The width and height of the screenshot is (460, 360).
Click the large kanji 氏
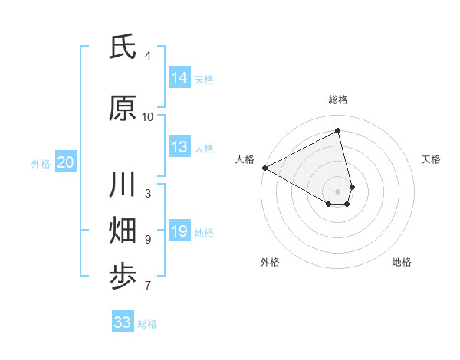pyautogui.click(x=123, y=47)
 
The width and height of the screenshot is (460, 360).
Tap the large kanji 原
pyautogui.click(x=123, y=109)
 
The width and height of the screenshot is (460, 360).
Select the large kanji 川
pyautogui.click(x=123, y=185)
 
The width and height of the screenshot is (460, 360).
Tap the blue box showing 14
pyautogui.click(x=179, y=78)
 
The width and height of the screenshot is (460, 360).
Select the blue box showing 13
pyautogui.click(x=179, y=147)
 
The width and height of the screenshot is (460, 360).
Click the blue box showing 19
pyautogui.click(x=179, y=231)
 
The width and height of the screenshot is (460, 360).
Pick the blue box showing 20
pyautogui.click(x=66, y=162)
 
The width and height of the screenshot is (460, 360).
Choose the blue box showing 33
pyautogui.click(x=123, y=322)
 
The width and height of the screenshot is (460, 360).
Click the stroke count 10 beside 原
pyautogui.click(x=148, y=116)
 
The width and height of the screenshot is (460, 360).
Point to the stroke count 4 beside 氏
pyautogui.click(x=148, y=55)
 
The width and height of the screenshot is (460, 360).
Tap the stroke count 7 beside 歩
pyautogui.click(x=148, y=286)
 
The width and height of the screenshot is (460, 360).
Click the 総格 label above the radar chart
pyautogui.click(x=338, y=100)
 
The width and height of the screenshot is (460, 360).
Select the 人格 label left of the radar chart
pyautogui.click(x=245, y=159)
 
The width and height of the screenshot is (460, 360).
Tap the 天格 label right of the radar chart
pyautogui.click(x=432, y=159)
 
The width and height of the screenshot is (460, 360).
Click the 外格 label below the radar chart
pyautogui.click(x=270, y=262)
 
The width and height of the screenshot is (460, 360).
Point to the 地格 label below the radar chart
pyautogui.click(x=402, y=262)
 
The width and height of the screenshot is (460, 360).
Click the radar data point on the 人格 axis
pyautogui.click(x=264, y=167)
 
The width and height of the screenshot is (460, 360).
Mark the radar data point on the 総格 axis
pyautogui.click(x=338, y=131)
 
